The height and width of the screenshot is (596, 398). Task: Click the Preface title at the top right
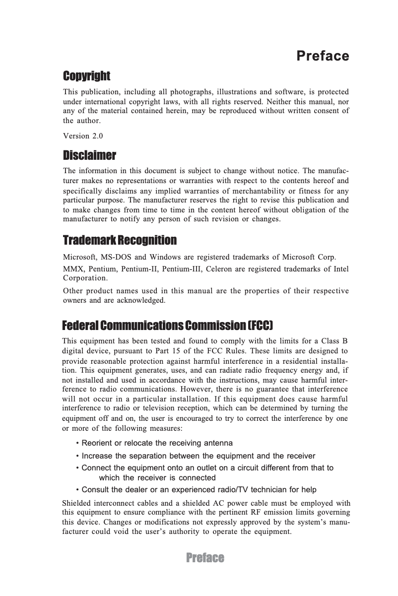point(323,56)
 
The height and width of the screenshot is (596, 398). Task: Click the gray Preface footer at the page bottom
point(205,558)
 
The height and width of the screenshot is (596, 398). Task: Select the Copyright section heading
point(86,76)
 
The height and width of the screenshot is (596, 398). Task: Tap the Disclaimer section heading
point(89,156)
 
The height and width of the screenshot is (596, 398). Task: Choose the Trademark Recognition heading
point(120,241)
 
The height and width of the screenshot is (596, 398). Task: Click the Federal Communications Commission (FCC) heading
point(168,326)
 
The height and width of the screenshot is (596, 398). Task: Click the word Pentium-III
point(222,269)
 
